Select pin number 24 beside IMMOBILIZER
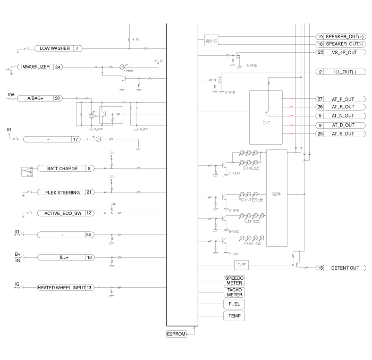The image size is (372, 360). pos(58,67)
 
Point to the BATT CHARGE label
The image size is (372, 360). pos(62,169)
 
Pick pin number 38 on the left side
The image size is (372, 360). pos(88,235)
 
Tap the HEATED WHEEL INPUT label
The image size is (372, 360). pos(61,288)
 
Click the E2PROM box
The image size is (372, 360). pos(175,334)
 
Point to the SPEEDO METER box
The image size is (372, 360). pos(234,280)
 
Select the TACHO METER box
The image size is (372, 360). pos(234,292)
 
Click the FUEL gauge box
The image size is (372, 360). pos(234,304)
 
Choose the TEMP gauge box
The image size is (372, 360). pos(234,316)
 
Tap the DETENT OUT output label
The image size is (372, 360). pos(345,268)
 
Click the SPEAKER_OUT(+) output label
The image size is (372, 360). pos(345,37)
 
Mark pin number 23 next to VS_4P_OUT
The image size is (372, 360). pos(320,52)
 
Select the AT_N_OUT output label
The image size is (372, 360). pos(343,116)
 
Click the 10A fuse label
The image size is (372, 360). pos(11,94)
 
